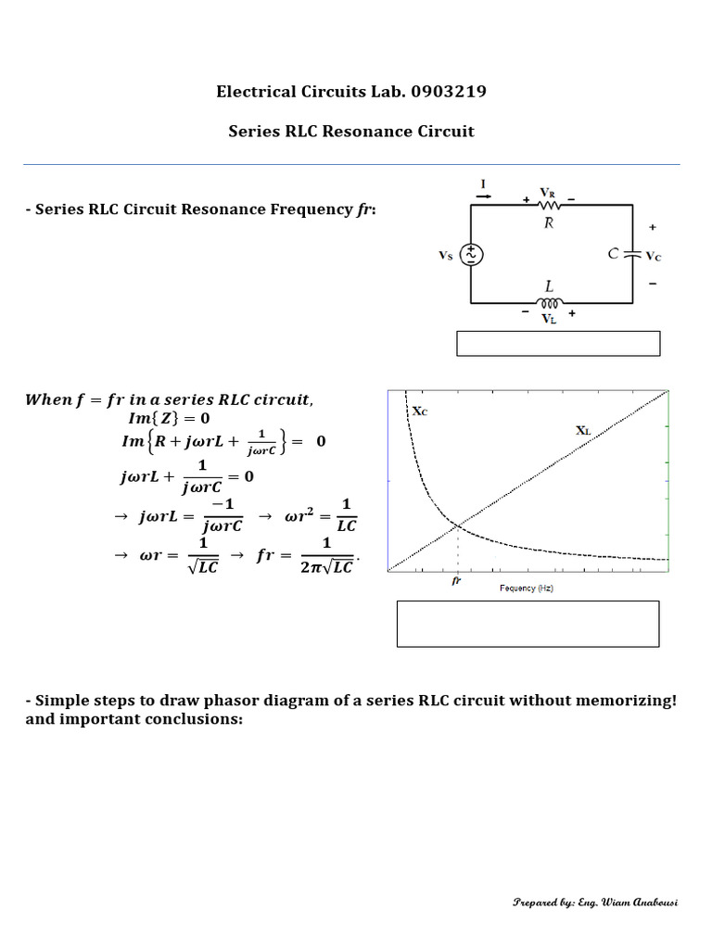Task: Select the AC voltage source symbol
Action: coord(472,254)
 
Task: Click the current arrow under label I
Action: coord(483,196)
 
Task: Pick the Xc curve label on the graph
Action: coord(419,411)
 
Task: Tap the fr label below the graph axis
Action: coord(456,581)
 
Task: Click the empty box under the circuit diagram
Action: coord(558,343)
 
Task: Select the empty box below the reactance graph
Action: coord(528,623)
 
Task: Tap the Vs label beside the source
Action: coord(446,255)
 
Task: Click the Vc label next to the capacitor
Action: coord(654,255)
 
